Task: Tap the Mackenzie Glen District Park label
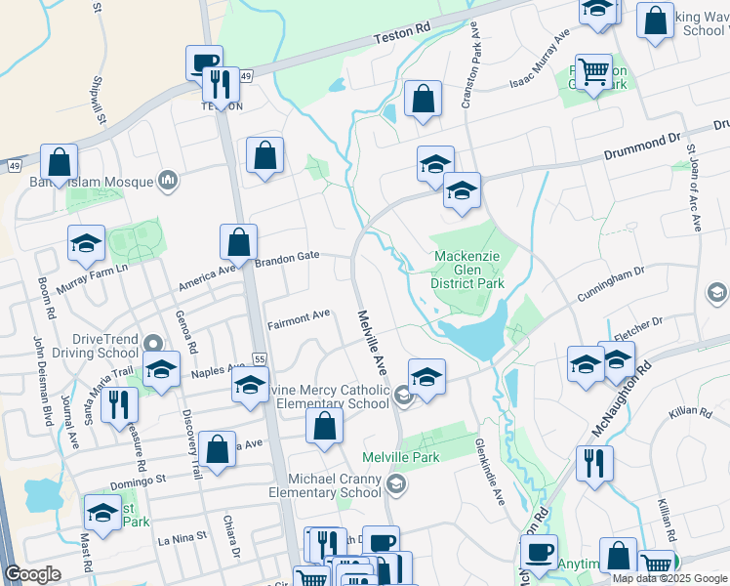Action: click(x=468, y=271)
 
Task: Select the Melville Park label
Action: click(x=401, y=457)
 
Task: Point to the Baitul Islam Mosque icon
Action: click(x=168, y=180)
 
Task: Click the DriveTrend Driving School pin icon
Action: click(x=152, y=344)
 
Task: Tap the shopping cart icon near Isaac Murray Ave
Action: click(x=593, y=71)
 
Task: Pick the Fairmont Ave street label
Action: click(x=299, y=317)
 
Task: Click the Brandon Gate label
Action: click(x=288, y=256)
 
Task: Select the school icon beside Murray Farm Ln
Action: click(x=86, y=243)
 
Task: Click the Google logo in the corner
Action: click(x=33, y=574)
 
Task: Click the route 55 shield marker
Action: click(x=259, y=359)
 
